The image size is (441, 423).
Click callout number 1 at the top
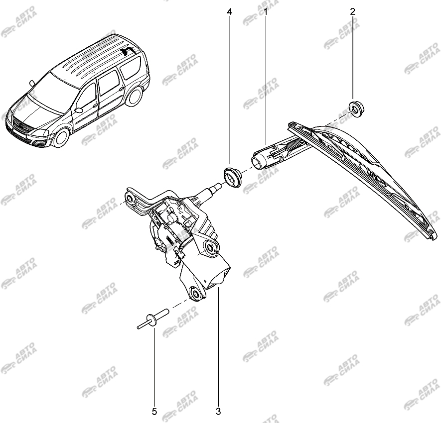point(265,12)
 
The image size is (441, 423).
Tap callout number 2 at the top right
point(352,12)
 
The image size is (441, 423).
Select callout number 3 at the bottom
point(218,412)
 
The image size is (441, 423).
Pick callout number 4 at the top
point(230,12)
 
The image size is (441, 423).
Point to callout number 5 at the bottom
point(154,412)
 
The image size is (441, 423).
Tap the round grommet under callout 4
point(233,177)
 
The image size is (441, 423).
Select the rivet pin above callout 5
point(153,319)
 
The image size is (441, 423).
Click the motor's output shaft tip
point(218,186)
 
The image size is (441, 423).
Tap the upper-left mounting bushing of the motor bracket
point(131,199)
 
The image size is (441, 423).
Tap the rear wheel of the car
point(134,97)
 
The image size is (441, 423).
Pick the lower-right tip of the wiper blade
point(435,237)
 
